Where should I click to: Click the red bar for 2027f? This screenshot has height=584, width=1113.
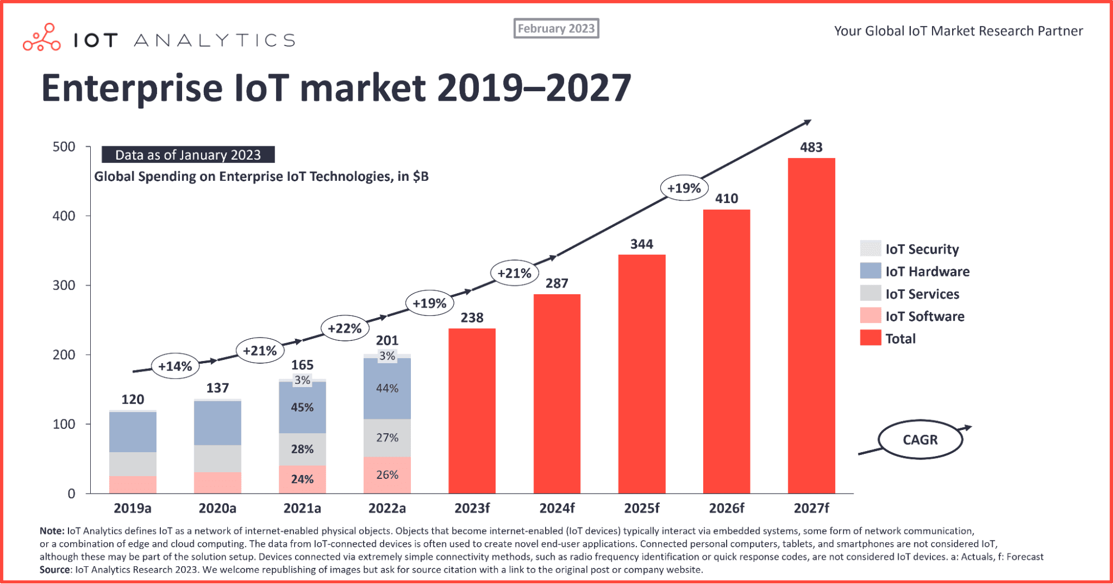coord(811,325)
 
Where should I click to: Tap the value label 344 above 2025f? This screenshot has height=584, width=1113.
coord(641,244)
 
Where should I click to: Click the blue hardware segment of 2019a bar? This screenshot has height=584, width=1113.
coord(133,432)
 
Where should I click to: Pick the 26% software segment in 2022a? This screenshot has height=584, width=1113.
coord(387,475)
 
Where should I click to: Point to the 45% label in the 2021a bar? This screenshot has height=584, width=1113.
coord(302,407)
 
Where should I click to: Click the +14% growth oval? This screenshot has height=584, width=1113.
coord(175,366)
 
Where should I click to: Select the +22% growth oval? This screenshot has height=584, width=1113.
coord(345,328)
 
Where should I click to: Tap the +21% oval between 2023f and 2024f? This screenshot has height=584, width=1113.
coord(514,273)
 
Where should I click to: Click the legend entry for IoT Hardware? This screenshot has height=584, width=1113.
coord(927,271)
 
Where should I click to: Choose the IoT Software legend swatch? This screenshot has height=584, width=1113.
coord(870,316)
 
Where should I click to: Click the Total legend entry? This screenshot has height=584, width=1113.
coord(900,338)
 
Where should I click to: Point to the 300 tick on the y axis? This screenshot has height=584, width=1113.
coord(63,285)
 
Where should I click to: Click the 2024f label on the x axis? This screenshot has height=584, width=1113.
coord(557,508)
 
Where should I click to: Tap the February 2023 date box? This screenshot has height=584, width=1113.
coord(556,28)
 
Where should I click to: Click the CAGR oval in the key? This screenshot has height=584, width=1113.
coord(920,439)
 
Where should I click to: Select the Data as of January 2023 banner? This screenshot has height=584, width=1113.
coord(188,155)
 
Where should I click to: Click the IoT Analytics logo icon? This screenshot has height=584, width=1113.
coord(42,38)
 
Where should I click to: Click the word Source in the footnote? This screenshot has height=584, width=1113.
coord(55,570)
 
